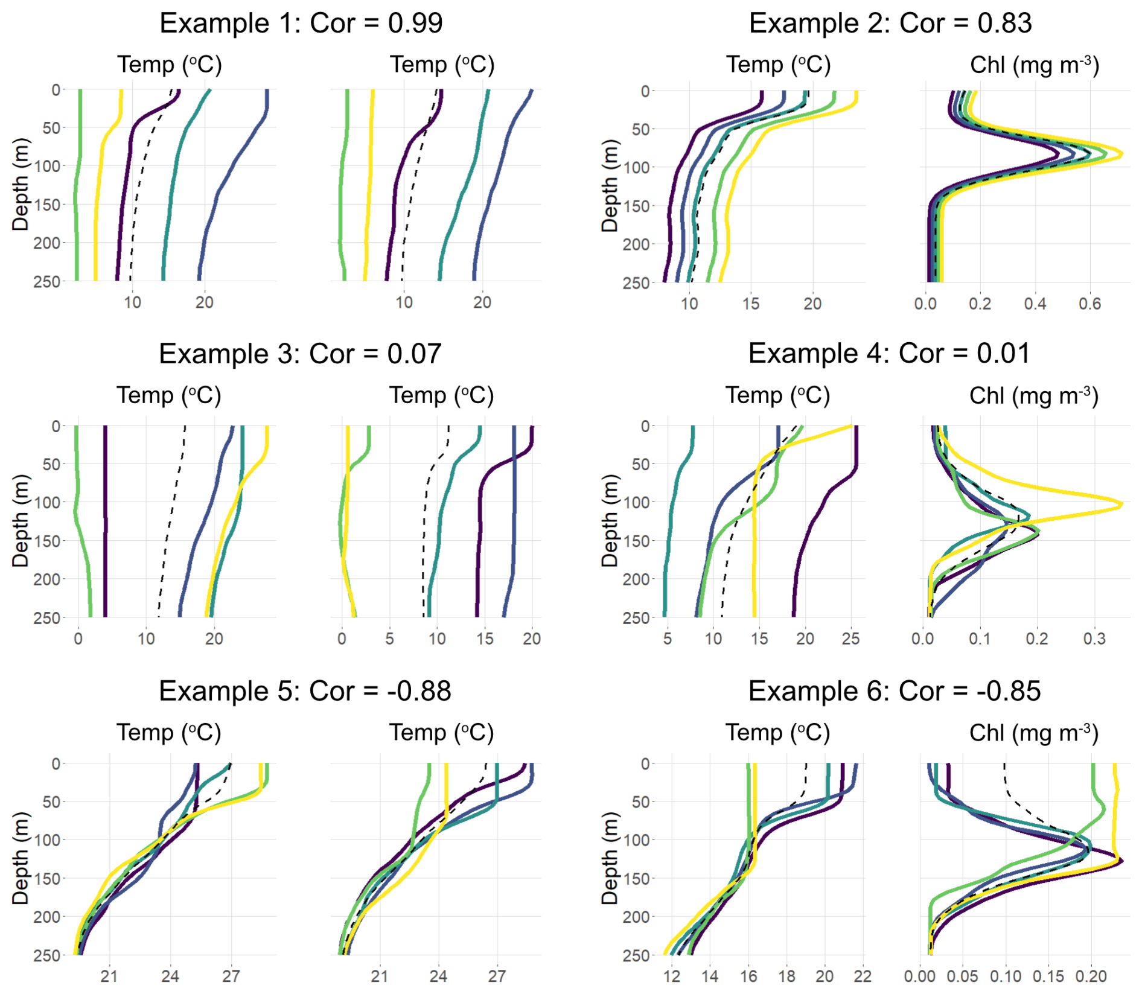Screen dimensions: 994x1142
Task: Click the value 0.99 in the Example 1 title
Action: point(415,24)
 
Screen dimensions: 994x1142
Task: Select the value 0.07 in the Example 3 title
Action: point(414,354)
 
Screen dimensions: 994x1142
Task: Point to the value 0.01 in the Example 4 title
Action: point(1003,354)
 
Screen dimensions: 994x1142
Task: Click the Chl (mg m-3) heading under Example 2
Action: point(1034,65)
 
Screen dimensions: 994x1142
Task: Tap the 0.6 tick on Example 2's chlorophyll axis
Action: point(1090,304)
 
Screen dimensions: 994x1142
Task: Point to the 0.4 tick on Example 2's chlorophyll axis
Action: point(1035,304)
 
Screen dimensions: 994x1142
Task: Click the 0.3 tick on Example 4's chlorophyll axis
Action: point(1094,639)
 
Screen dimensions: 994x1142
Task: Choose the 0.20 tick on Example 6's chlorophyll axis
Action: point(1091,976)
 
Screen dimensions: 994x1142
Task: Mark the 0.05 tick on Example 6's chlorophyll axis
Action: point(963,976)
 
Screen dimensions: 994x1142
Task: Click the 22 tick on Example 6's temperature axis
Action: point(863,976)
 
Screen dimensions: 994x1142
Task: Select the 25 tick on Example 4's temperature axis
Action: point(850,639)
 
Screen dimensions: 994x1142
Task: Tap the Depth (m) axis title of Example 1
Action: point(21,185)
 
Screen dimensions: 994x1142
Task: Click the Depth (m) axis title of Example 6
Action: point(610,858)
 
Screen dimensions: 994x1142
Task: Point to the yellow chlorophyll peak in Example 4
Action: point(1121,504)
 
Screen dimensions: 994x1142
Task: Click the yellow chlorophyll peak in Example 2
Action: point(1121,155)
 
